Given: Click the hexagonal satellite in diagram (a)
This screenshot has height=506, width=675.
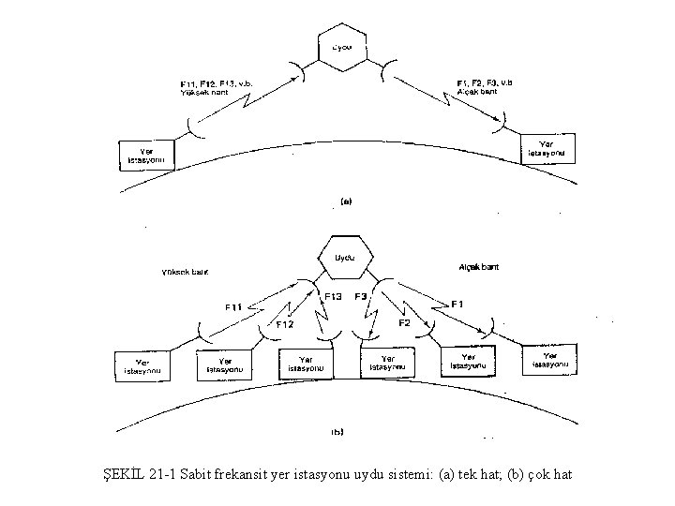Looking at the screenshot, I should (340, 46).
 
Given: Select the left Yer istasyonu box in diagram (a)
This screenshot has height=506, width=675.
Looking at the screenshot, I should (146, 156).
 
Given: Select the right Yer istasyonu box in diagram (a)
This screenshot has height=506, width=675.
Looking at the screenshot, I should (547, 148).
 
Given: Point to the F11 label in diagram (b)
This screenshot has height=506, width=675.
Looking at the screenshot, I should (235, 305).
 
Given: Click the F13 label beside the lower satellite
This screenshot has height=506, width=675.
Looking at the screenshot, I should (332, 297).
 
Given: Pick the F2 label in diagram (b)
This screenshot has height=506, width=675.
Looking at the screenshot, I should (405, 323).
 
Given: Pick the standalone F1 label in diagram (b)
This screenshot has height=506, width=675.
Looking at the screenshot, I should (457, 304).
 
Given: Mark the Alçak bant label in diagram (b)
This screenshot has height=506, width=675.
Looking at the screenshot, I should (479, 267).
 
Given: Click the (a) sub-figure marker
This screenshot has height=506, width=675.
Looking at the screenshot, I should (344, 201).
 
